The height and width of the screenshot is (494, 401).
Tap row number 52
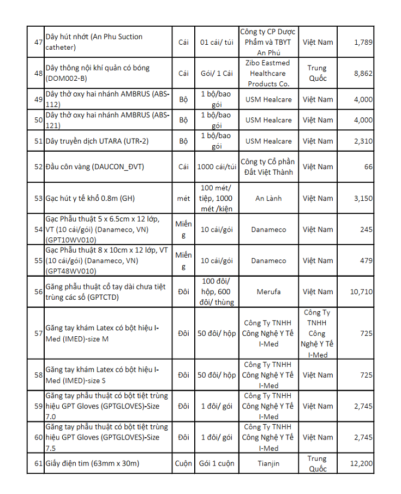pos(38,167)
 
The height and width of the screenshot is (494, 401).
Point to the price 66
pos(368,167)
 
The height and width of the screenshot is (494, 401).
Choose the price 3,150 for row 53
pos(363,199)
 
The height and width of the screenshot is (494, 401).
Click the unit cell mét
pos(183,199)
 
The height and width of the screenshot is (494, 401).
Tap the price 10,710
pos(361,292)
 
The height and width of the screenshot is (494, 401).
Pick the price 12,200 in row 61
pos(361,463)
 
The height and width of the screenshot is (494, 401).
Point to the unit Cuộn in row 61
pos(183,463)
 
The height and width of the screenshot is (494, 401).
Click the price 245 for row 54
pos(366,230)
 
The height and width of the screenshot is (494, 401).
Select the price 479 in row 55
pos(366,261)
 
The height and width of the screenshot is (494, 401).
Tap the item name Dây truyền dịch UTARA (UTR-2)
pos(97,141)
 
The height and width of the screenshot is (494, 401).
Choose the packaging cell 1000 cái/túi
pos(217,167)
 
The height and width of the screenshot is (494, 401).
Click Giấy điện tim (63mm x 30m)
pos(93,463)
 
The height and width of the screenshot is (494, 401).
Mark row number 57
pos(38,334)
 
